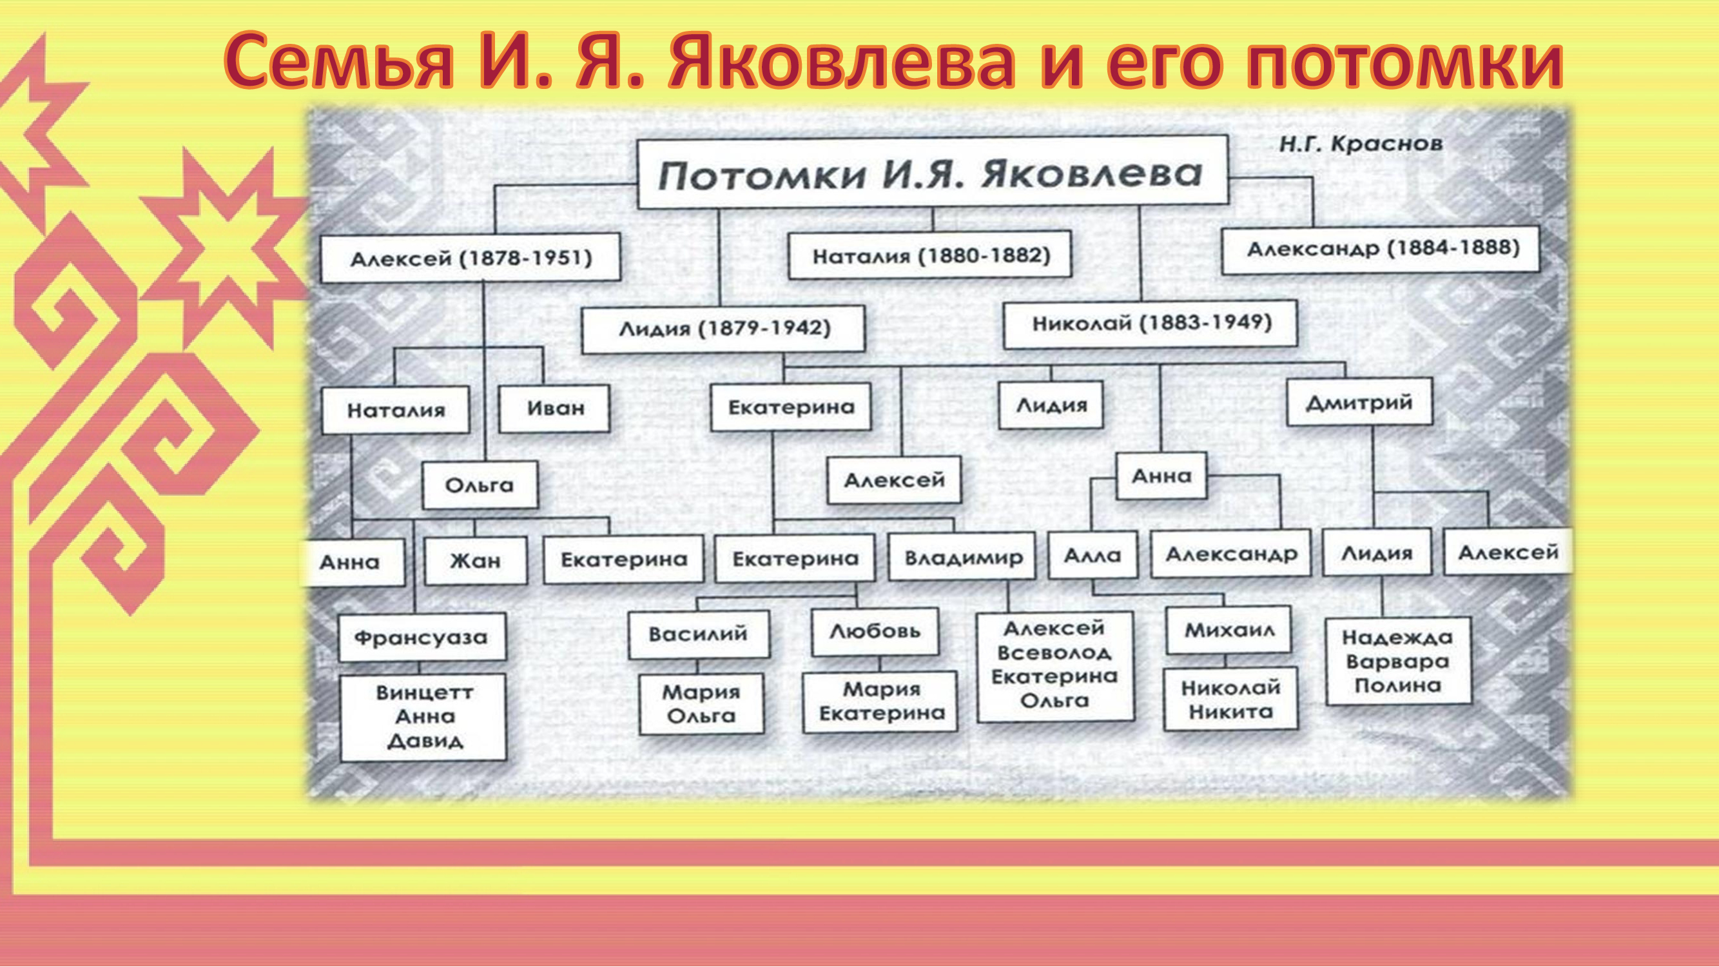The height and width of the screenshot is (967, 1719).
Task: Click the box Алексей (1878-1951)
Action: [x=471, y=258]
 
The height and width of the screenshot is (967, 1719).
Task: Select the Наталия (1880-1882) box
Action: [x=930, y=255]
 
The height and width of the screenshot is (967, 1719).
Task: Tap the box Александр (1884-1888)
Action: [x=1381, y=249]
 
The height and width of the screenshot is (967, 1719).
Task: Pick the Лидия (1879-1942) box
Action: [x=723, y=328]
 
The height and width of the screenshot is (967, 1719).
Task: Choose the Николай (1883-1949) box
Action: [x=1151, y=324]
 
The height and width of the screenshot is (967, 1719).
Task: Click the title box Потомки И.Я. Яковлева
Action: [x=933, y=173]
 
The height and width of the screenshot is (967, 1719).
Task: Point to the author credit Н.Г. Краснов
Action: [x=1361, y=144]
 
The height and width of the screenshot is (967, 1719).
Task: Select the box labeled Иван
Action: [x=554, y=408]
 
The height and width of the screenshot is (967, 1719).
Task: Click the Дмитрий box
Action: [x=1359, y=402]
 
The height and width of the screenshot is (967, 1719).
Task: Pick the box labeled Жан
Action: [x=475, y=561]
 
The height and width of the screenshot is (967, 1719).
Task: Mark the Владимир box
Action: [x=962, y=557]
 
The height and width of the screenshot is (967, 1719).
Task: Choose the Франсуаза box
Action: [x=422, y=638]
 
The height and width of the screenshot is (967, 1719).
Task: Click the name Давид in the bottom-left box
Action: [x=425, y=741]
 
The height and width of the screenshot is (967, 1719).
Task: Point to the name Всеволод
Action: [x=1054, y=652]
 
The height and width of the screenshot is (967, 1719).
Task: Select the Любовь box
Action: [x=875, y=631]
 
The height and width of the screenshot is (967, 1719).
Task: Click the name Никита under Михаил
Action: [x=1230, y=712]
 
